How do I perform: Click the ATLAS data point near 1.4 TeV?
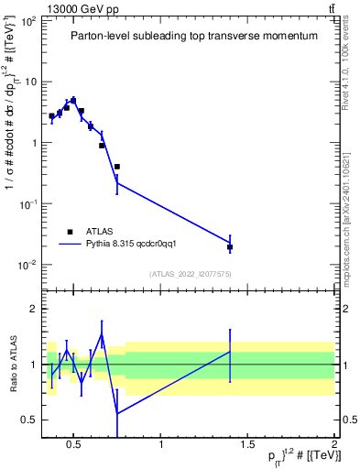(x=230, y=246)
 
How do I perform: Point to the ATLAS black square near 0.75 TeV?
(x=117, y=167)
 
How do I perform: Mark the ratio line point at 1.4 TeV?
(x=230, y=352)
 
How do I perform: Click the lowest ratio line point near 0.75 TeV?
(x=117, y=414)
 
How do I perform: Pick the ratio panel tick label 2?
(x=32, y=309)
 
